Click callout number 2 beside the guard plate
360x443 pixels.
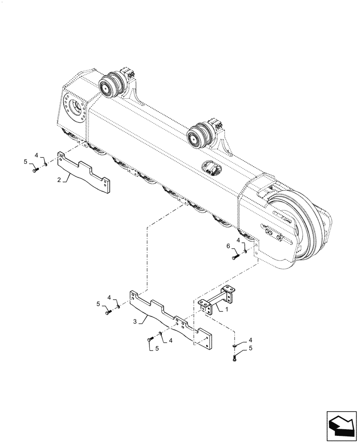[59, 179]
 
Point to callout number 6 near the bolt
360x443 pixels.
[228, 246]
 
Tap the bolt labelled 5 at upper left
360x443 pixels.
[35, 169]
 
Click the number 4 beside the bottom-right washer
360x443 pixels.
[251, 340]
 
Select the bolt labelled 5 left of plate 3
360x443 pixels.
[108, 312]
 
